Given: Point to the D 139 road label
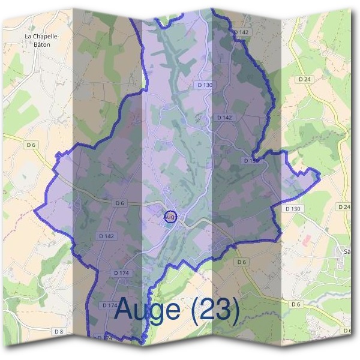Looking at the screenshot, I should point(251,161).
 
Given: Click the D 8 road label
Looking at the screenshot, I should point(58,331).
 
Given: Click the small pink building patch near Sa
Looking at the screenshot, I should point(308,239).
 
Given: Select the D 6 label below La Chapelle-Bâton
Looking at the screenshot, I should point(31,145).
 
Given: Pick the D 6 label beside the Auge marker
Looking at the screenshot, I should point(119,203).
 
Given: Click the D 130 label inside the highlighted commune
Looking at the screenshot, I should point(205,85).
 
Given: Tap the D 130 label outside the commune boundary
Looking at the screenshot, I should point(292,208).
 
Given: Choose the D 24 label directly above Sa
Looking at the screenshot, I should point(344,206).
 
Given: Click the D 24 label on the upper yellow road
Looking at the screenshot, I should point(304,79).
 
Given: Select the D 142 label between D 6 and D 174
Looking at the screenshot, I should point(106,236).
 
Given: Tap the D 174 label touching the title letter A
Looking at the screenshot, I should point(110,305).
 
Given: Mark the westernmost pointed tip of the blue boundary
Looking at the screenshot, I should point(34,211).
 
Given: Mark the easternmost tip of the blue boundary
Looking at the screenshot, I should point(320,175).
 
